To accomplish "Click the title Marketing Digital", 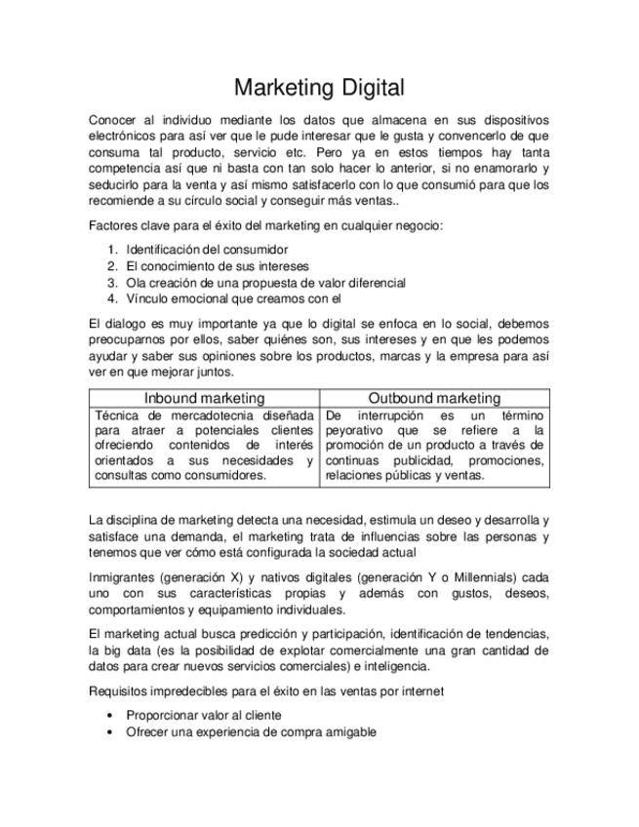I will click(319, 88).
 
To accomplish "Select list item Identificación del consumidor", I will click(207, 249).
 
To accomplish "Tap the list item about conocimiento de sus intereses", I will click(217, 265).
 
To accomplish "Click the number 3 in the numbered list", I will click(112, 282).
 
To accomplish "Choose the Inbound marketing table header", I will click(204, 398).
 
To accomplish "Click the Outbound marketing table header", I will click(434, 398).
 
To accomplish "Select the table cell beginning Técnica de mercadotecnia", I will click(204, 445).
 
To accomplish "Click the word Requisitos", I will click(118, 690).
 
